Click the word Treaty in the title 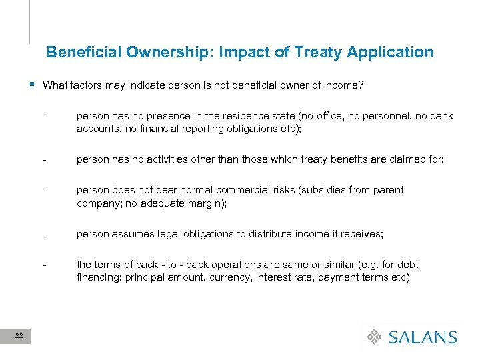[x=319, y=52]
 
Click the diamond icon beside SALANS [x=375, y=337]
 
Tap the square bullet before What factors [x=33, y=85]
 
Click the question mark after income [x=362, y=85]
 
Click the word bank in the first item [x=442, y=116]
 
